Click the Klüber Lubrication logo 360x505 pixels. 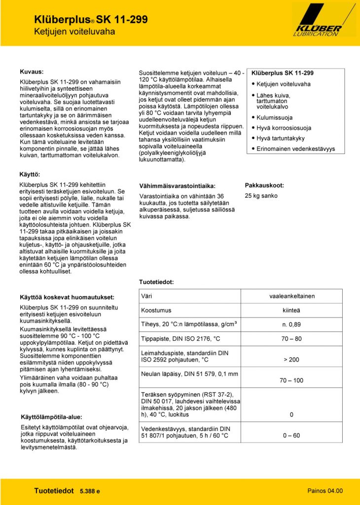click(324, 20)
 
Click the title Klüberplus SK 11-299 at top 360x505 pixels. click(91, 20)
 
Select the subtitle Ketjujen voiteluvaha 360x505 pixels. click(74, 32)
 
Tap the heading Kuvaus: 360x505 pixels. click(32, 71)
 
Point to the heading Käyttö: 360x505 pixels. click(30, 175)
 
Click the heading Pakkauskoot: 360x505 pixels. click(264, 185)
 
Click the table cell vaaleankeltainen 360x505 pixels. click(292, 296)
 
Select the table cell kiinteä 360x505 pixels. click(291, 310)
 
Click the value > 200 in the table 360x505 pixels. click(291, 360)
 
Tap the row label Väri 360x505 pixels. click(146, 296)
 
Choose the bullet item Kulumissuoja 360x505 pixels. click(275, 118)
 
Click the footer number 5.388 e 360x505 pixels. click(90, 491)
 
